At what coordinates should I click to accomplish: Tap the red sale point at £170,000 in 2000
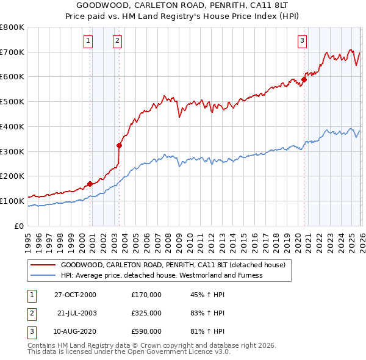click(x=90, y=183)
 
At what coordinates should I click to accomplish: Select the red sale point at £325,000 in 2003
click(x=120, y=145)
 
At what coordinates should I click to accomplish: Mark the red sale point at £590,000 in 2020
click(x=304, y=79)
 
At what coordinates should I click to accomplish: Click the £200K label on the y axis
click(x=12, y=176)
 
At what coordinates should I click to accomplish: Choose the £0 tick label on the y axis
click(x=20, y=226)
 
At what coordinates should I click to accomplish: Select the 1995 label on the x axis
click(x=29, y=241)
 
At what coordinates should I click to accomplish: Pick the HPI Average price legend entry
click(x=161, y=275)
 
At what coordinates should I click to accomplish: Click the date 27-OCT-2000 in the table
click(x=75, y=295)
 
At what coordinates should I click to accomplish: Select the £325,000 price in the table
click(x=146, y=313)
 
